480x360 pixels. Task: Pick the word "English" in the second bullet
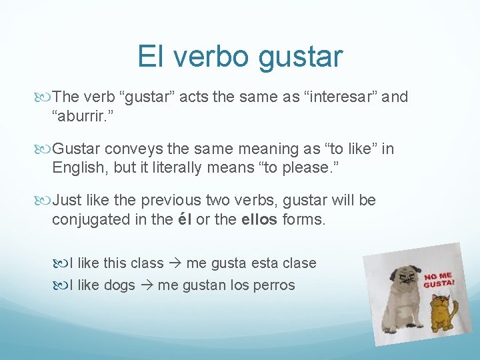[80, 167]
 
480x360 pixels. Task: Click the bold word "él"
[185, 219]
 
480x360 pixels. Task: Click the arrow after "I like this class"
[177, 263]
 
